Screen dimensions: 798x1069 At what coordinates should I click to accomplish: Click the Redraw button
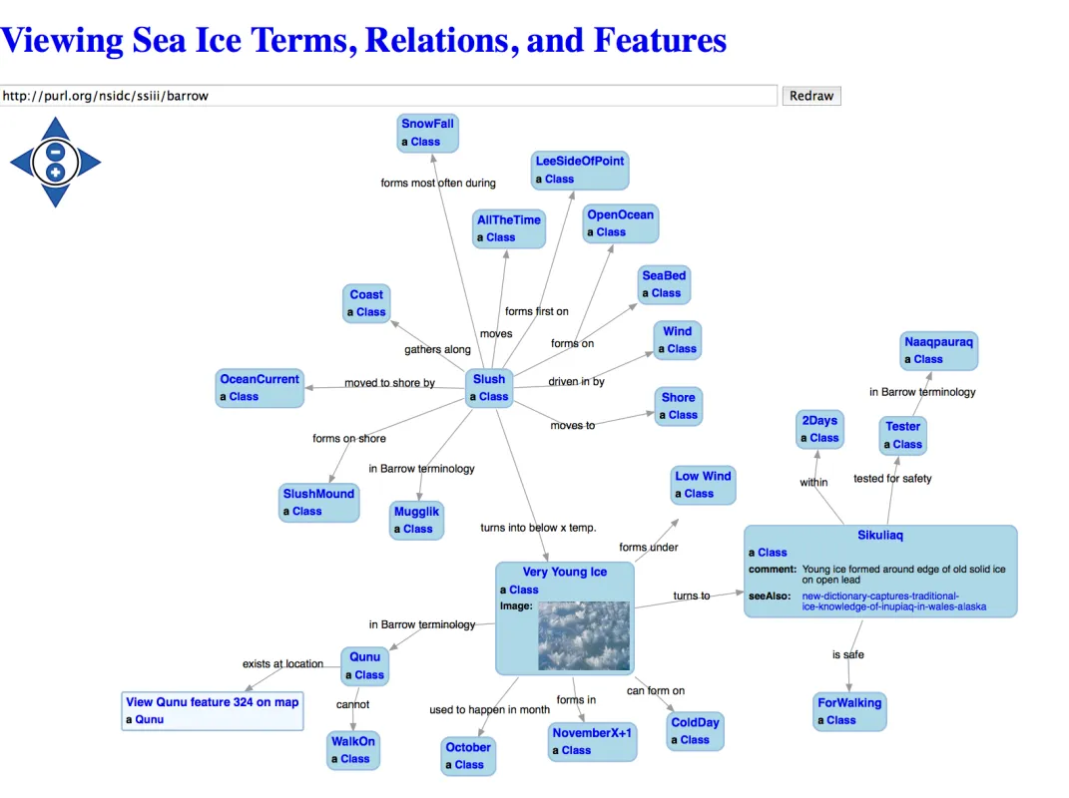[810, 96]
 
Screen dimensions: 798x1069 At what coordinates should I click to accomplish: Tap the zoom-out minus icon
[56, 153]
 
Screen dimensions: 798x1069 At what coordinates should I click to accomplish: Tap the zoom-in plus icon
[56, 173]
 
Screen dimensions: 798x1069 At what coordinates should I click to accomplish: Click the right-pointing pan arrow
[90, 163]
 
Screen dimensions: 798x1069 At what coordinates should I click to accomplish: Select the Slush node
[489, 379]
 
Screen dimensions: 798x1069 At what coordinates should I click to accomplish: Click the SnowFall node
[427, 124]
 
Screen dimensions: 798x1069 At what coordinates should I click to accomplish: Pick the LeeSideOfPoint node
[579, 161]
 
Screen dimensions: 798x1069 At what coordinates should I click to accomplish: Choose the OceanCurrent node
[260, 379]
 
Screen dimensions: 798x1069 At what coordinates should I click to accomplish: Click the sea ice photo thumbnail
[584, 635]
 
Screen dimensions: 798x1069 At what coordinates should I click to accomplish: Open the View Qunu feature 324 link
[212, 702]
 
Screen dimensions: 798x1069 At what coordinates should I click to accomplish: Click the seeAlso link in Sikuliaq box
[879, 601]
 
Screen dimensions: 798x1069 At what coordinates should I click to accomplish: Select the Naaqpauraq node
[938, 341]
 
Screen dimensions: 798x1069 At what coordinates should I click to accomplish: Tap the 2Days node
[818, 420]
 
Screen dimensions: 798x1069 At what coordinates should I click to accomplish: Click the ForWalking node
[849, 702]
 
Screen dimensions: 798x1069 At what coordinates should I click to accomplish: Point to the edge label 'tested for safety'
[892, 479]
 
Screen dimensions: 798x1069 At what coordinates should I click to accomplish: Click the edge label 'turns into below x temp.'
[538, 528]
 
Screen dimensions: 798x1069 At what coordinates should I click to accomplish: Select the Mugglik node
[416, 512]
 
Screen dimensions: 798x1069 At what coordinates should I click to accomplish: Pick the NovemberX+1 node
[592, 732]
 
